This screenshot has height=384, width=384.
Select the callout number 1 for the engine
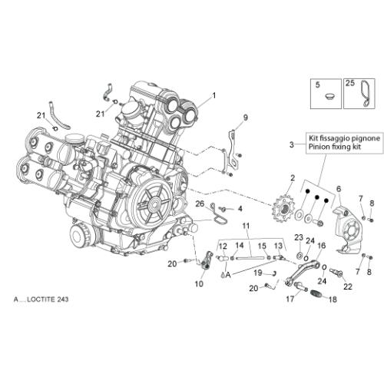214,96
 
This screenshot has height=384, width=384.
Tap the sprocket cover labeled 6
347,228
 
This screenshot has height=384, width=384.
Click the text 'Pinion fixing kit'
335,147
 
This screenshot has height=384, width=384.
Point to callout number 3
292,144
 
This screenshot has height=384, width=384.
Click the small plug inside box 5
329,97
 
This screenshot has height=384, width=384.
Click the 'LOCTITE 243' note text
48,299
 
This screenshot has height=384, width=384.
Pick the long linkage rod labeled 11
250,258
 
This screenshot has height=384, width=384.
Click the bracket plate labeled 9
232,149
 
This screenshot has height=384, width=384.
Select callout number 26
200,204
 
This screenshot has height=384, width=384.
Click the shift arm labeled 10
207,260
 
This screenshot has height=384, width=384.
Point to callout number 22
348,286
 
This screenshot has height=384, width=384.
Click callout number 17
290,299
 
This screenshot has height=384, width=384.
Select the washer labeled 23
299,255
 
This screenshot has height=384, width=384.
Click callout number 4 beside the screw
240,209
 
